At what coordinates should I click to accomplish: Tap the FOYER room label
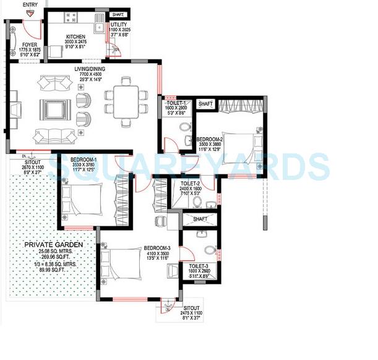click(30, 45)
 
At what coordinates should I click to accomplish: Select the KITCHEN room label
click(75, 37)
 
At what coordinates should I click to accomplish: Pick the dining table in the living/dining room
click(126, 98)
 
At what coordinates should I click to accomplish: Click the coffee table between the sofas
click(51, 109)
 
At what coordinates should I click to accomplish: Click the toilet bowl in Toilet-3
click(211, 251)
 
